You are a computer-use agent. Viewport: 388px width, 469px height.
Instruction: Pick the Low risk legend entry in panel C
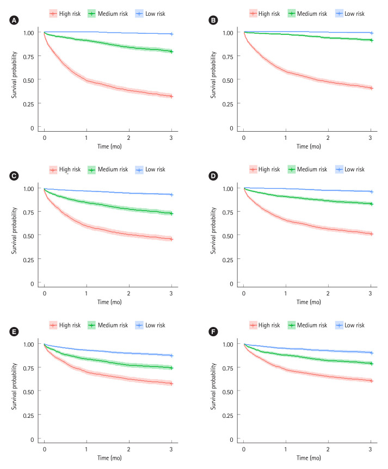click(150, 170)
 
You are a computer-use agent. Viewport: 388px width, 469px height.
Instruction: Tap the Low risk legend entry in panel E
click(150, 325)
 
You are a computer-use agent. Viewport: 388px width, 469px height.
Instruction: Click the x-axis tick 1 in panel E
click(86, 451)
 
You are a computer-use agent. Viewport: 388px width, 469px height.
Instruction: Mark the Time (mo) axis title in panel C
click(107, 303)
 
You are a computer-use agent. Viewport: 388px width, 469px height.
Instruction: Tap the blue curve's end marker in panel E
click(171, 355)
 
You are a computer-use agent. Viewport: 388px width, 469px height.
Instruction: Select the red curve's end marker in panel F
click(371, 381)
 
